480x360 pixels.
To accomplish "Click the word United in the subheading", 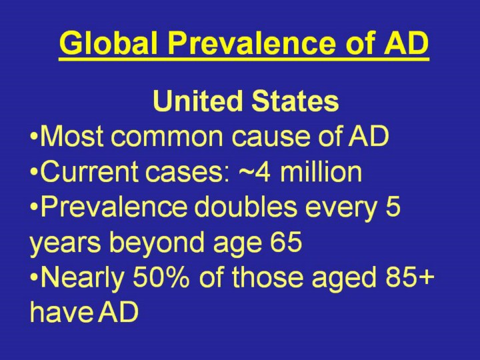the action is (x=197, y=101).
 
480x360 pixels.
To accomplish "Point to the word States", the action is (x=295, y=101).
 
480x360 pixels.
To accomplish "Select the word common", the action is (x=167, y=139).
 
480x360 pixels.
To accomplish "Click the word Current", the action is (x=89, y=171).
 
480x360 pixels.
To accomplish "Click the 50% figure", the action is (x=161, y=277).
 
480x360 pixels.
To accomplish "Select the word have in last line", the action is (x=61, y=312).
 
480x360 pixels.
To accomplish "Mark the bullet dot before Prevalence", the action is (x=34, y=207).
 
